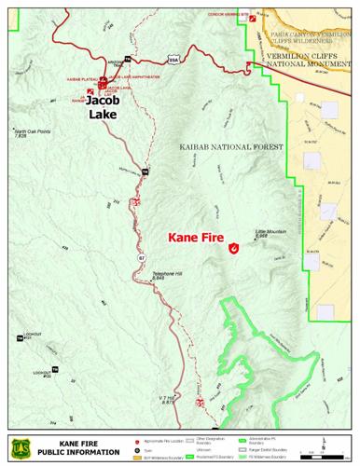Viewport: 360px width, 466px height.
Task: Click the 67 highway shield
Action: [142, 255]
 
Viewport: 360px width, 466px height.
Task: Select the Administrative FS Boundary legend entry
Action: [268, 438]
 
